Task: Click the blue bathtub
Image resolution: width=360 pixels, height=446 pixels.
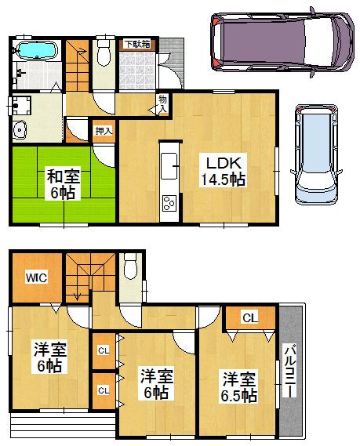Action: click(35, 51)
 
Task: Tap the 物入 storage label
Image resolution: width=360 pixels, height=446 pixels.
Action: click(162, 103)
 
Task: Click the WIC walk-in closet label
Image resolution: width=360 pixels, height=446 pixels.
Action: click(34, 277)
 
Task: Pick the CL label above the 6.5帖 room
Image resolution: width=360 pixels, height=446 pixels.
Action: click(249, 317)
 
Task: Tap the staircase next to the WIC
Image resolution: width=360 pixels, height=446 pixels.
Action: click(78, 279)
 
